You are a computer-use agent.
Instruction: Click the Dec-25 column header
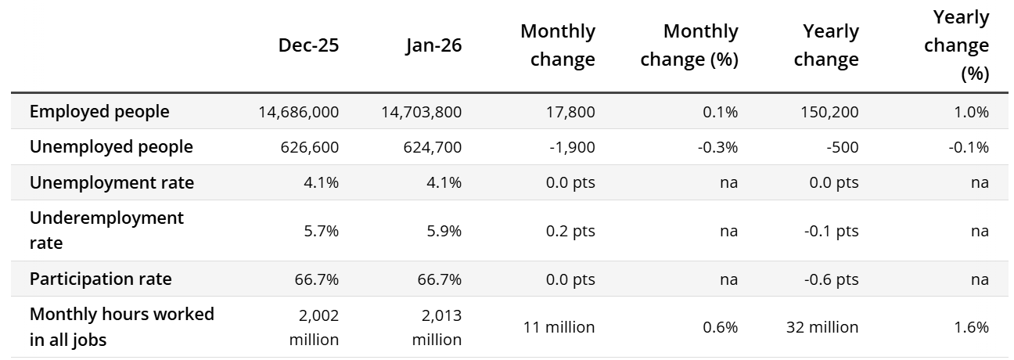[308, 45]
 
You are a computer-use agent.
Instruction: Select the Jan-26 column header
[433, 45]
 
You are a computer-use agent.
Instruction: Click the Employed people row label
[99, 112]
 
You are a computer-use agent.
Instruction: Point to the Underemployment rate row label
[106, 230]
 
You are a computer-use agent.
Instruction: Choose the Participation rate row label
[100, 279]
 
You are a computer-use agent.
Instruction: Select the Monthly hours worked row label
[121, 327]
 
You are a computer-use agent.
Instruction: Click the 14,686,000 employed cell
[298, 112]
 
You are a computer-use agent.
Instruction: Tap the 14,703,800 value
[421, 112]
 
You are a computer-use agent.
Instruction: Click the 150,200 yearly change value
[831, 112]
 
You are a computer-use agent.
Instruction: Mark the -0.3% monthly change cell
[717, 147]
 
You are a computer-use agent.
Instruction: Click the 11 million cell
[559, 327]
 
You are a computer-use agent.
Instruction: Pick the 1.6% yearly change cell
[971, 327]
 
